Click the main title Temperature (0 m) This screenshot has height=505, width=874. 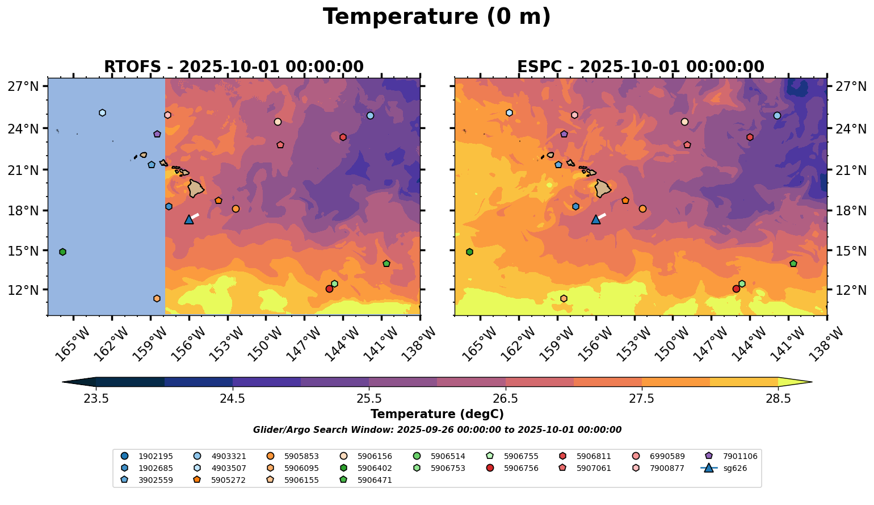[x=436, y=17]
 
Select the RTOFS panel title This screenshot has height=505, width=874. [x=233, y=67]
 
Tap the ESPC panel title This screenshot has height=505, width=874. [x=640, y=67]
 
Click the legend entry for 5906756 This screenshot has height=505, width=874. [x=515, y=468]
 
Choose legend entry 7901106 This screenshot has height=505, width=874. [x=734, y=456]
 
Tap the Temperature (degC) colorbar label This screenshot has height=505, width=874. [x=436, y=414]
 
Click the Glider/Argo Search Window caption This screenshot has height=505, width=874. [x=436, y=430]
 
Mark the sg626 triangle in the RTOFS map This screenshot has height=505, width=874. [x=189, y=219]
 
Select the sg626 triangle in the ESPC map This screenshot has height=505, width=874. [x=596, y=219]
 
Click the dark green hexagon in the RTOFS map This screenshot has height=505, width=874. [x=62, y=252]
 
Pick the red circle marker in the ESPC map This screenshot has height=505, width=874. [x=736, y=289]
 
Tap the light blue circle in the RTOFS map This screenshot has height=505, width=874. [x=370, y=115]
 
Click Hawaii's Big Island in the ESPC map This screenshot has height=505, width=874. [x=603, y=188]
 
